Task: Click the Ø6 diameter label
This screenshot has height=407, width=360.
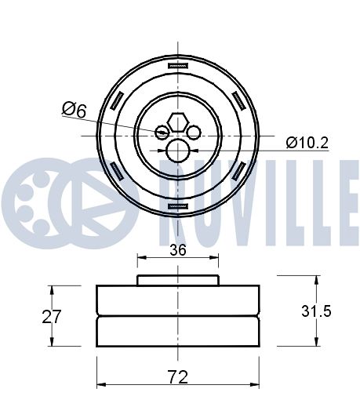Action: (x=74, y=111)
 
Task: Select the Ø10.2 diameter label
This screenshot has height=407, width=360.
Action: (x=307, y=142)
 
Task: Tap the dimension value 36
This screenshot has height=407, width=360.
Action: (x=178, y=251)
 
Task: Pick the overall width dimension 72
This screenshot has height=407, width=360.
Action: (x=178, y=376)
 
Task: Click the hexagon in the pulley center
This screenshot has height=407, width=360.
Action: (x=178, y=121)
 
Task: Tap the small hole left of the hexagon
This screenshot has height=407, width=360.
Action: (x=163, y=132)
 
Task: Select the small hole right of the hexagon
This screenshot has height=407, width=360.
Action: (x=193, y=132)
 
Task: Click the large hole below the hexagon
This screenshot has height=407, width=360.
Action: (x=178, y=149)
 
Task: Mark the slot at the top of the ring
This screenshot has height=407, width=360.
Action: (x=179, y=65)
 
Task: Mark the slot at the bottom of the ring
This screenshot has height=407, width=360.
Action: (x=179, y=205)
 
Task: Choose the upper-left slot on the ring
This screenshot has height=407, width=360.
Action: (x=118, y=100)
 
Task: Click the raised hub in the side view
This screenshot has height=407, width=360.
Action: (x=178, y=280)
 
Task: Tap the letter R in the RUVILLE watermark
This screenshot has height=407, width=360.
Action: (x=177, y=191)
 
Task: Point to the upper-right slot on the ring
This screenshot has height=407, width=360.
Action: (x=239, y=100)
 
